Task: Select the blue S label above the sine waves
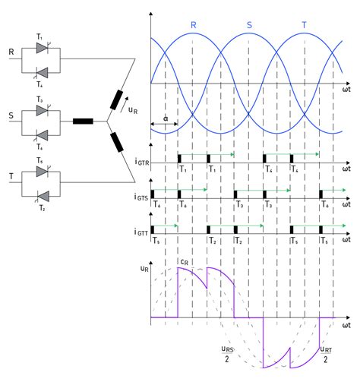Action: (250, 25)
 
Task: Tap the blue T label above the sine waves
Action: (305, 25)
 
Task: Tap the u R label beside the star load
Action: (133, 110)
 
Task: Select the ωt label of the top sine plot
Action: (346, 91)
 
